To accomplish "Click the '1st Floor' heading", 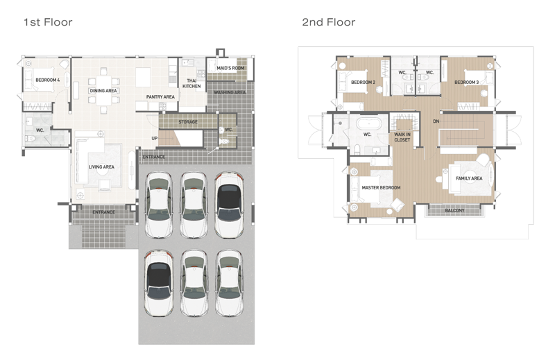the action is [48, 22].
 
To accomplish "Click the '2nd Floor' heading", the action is [328, 22].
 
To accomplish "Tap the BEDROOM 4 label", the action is [48, 80].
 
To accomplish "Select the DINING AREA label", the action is [103, 91].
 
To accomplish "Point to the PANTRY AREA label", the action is [160, 96].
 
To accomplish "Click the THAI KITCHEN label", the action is [191, 83].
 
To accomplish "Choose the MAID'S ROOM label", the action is [230, 68].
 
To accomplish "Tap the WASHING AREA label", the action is [230, 92].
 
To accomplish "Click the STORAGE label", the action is [188, 122].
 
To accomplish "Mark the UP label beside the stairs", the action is [155, 139].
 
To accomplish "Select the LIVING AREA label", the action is [101, 166].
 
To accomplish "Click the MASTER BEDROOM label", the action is [381, 187].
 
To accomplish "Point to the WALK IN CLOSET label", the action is [402, 137].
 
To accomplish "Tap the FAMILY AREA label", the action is [469, 178].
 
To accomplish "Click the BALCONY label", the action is [455, 211].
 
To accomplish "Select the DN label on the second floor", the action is [436, 121].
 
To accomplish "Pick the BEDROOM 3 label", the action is [466, 82].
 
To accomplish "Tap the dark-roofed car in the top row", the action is [230, 205].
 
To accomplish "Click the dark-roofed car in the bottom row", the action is [159, 283].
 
